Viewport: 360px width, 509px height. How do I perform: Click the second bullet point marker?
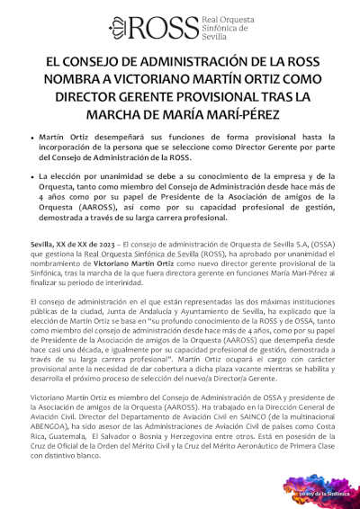(33, 180)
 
